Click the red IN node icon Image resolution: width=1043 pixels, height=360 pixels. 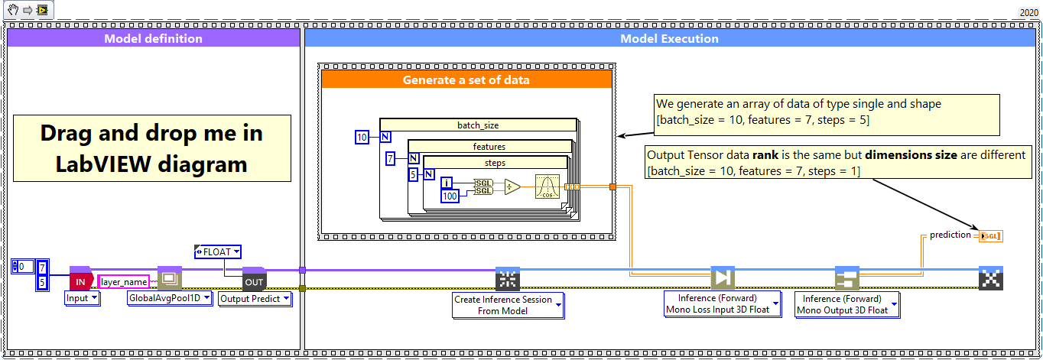coord(80,281)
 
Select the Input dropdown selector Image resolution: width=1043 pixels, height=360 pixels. coord(82,298)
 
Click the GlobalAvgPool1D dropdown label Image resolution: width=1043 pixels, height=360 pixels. coord(170,298)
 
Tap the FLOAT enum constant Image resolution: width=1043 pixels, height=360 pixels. coord(218,251)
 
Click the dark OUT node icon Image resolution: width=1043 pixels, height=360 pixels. coord(253,281)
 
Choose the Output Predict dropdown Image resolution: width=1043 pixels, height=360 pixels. coord(255,299)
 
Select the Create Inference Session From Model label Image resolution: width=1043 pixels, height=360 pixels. coord(508,305)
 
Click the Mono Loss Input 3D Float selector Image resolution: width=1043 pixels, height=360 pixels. coord(722,304)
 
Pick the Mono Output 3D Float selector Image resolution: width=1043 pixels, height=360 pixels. coord(846,304)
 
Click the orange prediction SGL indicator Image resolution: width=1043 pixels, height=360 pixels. coord(990,235)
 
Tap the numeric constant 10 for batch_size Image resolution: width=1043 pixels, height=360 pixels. coord(362,138)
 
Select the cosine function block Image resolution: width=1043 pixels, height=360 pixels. coord(547,187)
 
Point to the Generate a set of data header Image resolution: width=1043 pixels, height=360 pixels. coord(466,79)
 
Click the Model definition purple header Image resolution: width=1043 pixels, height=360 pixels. coord(153,39)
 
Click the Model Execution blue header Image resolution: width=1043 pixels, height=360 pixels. coord(669,39)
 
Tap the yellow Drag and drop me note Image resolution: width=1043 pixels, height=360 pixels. coord(151,148)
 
